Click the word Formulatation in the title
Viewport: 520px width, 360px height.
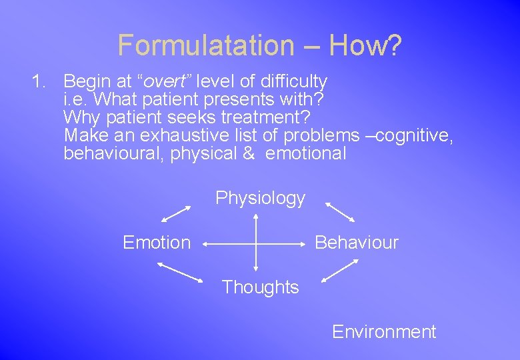tap(205, 45)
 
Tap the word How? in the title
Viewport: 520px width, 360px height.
tap(365, 45)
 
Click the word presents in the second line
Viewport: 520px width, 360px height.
tap(223, 100)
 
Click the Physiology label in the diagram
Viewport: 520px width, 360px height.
tap(260, 198)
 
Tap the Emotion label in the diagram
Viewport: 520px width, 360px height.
tap(157, 243)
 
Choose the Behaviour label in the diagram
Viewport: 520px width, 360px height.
tap(356, 243)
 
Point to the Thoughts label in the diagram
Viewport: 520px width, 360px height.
tap(260, 287)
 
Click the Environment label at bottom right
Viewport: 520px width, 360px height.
tap(384, 332)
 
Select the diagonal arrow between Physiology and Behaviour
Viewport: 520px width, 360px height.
tap(340, 212)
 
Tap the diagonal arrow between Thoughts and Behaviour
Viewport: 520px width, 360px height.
tap(340, 271)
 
